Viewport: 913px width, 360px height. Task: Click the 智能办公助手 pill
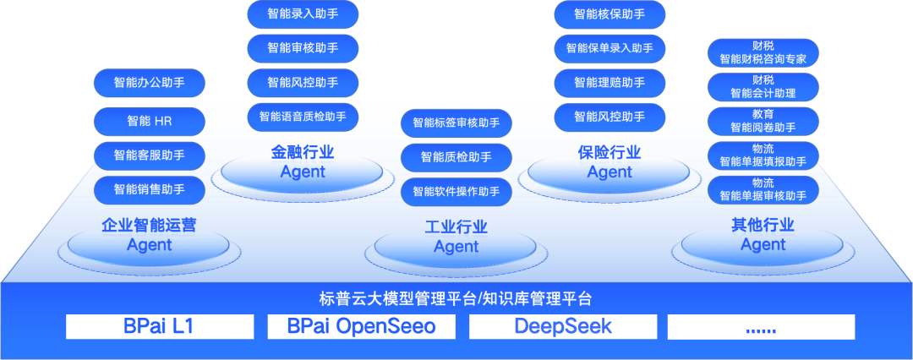pos(150,83)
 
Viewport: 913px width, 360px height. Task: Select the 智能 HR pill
pos(150,121)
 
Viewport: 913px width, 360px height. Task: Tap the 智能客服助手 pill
pos(150,155)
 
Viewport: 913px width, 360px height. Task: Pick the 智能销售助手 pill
pos(150,190)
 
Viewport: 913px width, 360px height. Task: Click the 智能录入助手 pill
pos(303,14)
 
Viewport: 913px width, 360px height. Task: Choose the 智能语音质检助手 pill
pos(303,117)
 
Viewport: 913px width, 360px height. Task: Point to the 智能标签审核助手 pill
pos(456,123)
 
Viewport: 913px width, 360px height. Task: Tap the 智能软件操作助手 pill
pos(456,191)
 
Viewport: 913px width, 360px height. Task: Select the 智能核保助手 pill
pos(610,14)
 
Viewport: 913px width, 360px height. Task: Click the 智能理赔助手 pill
pos(610,83)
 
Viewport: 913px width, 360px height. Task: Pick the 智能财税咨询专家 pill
pos(763,52)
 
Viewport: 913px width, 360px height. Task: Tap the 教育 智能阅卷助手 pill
pos(763,121)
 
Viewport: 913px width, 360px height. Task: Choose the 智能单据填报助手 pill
pos(763,155)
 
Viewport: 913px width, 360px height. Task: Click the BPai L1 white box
pos(160,326)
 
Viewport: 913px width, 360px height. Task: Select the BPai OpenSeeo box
pos(362,326)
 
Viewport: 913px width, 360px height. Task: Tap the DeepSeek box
pos(563,326)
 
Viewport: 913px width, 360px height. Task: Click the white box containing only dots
pos(761,326)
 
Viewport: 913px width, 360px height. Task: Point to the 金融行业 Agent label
pos(303,162)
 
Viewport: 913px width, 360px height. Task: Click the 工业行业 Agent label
pos(456,237)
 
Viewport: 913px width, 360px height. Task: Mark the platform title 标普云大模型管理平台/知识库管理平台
pos(456,299)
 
